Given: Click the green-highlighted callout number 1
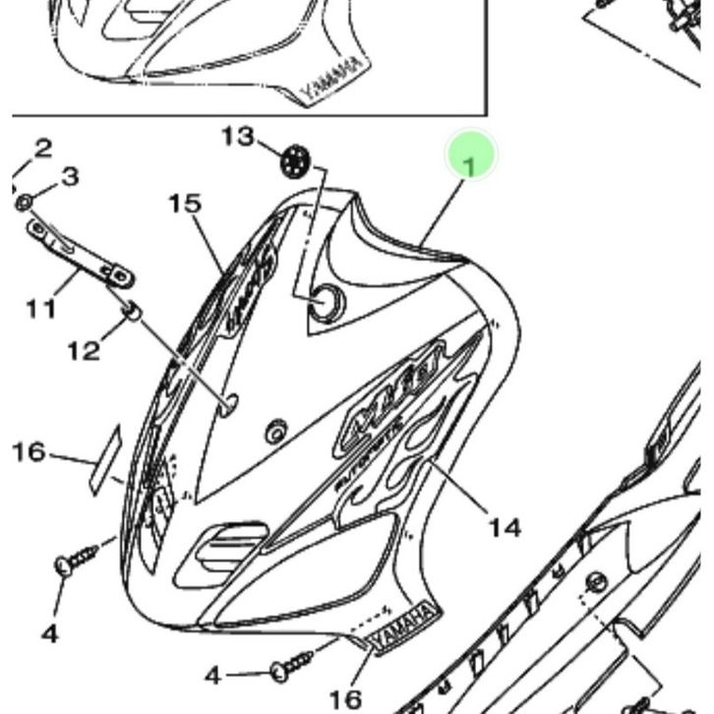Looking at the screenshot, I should click(x=471, y=164).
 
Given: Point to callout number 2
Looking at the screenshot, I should click(x=42, y=149).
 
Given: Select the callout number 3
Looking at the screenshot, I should click(x=69, y=177).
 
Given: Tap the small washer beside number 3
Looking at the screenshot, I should click(x=25, y=204).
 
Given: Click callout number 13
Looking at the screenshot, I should click(x=237, y=136).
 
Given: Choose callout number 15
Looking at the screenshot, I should click(x=184, y=204).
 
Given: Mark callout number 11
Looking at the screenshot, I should click(x=40, y=309).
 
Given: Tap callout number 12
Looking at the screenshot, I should click(x=85, y=349).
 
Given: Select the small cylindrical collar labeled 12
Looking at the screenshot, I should click(x=131, y=312).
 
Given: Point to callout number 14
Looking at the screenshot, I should click(x=505, y=528).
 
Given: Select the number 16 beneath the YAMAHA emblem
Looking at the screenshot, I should click(x=344, y=698).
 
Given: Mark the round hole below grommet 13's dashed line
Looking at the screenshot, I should click(x=325, y=305).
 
